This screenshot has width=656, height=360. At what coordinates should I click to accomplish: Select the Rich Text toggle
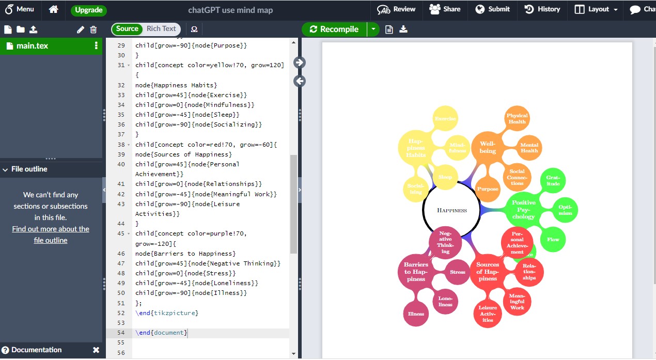tap(161, 29)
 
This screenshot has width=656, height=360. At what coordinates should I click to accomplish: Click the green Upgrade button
tap(88, 10)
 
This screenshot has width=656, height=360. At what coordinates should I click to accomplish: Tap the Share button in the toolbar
tap(445, 9)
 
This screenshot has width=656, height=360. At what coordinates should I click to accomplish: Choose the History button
tap(542, 9)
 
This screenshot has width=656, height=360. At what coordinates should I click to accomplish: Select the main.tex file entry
tap(33, 46)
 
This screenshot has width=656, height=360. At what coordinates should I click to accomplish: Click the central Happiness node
tap(451, 210)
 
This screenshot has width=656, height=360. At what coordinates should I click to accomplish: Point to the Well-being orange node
tap(488, 148)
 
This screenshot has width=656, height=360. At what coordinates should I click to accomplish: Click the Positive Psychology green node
tap(523, 209)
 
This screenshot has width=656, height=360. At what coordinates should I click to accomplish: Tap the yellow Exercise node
tap(445, 119)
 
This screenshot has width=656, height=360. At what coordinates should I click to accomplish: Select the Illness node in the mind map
tap(416, 314)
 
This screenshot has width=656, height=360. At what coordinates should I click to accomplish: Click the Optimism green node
tap(565, 210)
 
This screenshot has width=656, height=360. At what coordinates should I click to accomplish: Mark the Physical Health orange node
tap(517, 119)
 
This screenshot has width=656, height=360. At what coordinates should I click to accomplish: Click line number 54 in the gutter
tap(121, 333)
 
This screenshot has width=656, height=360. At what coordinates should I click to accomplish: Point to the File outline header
tap(29, 169)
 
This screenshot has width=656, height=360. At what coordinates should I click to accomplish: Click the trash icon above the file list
tap(93, 30)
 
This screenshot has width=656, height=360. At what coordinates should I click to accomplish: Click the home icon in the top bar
tap(53, 9)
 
